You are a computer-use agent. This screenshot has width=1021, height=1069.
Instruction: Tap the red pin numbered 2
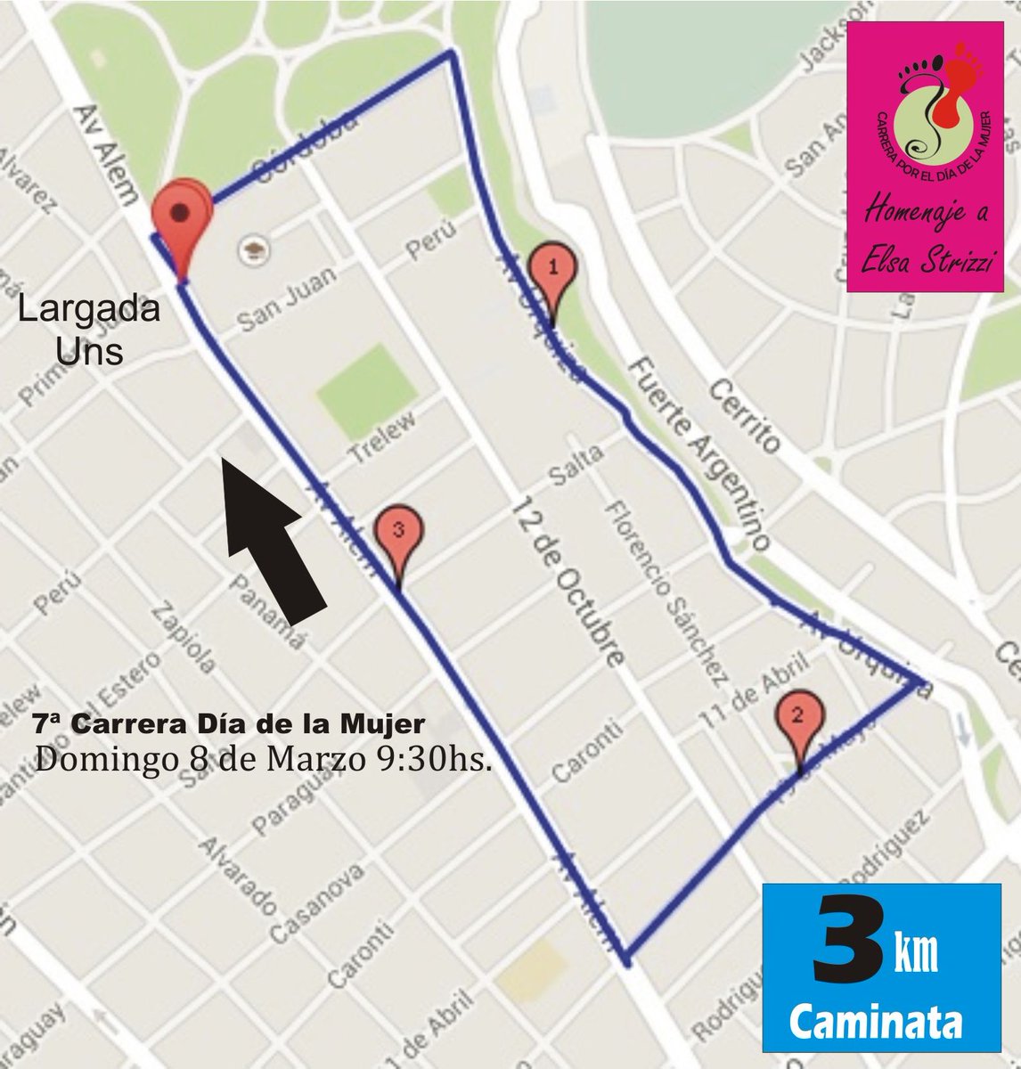point(797,714)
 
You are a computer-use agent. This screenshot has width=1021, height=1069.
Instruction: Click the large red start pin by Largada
point(181,218)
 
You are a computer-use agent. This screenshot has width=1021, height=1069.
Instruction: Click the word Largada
point(90,310)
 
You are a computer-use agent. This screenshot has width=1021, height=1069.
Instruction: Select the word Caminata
point(878,1021)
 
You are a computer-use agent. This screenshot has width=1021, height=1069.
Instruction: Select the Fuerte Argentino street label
point(698,453)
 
